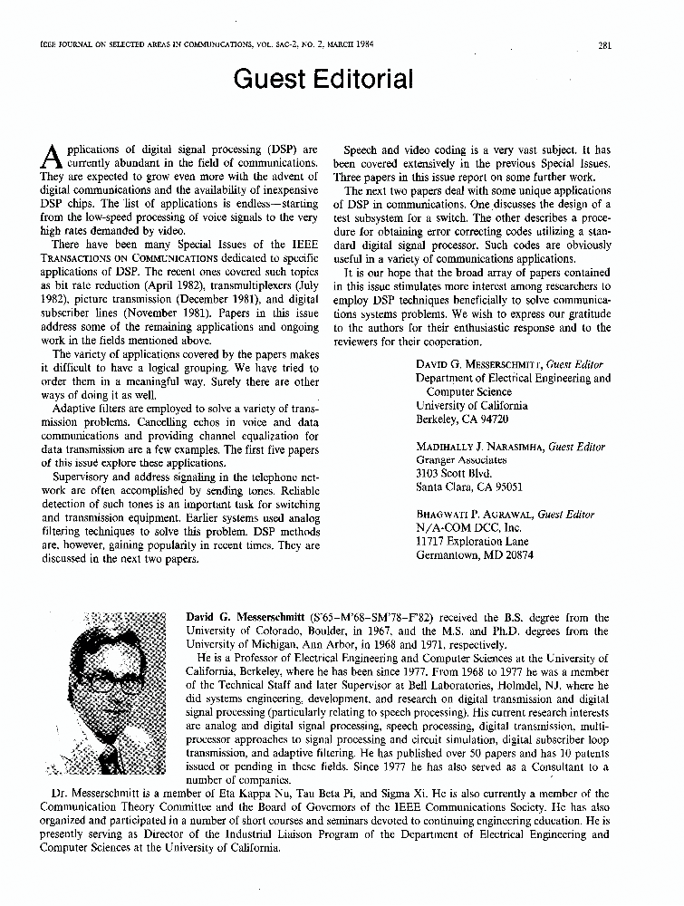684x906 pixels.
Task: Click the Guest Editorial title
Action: pos(323,80)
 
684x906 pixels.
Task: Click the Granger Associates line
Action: pos(461,459)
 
